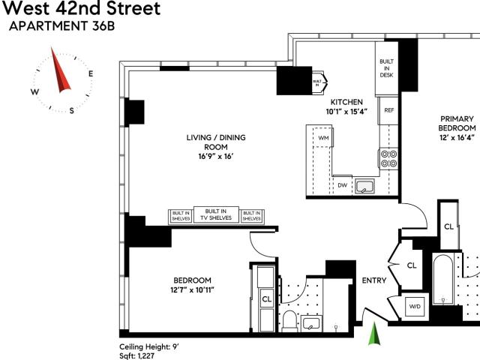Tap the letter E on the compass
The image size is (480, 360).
pos(91,73)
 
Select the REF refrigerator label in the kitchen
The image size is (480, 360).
pos(389,110)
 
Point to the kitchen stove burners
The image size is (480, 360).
pos(388,158)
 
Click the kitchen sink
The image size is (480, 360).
pos(365,187)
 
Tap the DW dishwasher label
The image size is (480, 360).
pos(343,185)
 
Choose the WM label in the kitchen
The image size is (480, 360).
pos(323,138)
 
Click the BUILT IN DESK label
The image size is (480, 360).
pos(386,68)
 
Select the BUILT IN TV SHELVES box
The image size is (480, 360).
pos(216,214)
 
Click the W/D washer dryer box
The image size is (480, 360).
pos(415,306)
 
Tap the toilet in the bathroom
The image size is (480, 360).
pos(289,321)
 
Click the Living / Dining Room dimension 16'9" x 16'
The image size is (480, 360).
pos(216,157)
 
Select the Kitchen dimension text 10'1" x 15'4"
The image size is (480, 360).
pos(346,112)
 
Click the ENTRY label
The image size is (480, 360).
pos(374,280)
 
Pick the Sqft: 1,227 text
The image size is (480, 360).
pos(136,356)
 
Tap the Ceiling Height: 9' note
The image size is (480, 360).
pos(149,346)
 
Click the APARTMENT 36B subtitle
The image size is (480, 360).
pos(61,26)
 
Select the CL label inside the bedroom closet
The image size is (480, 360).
pos(267,298)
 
